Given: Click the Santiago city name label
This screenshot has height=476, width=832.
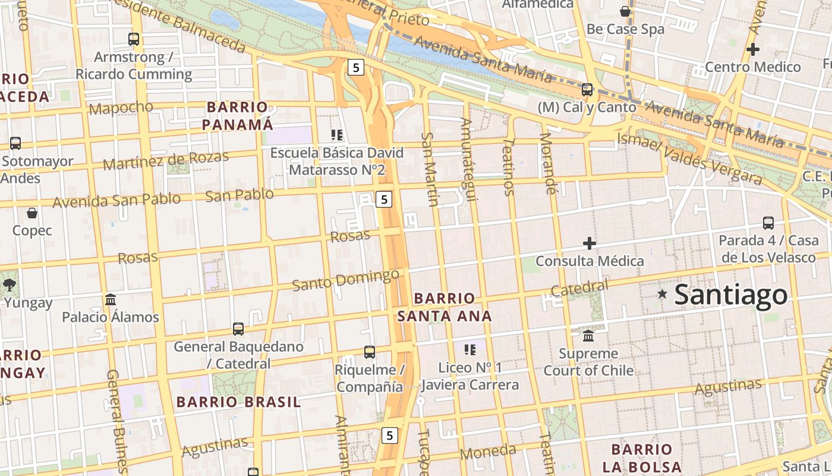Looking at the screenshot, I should coord(731,295).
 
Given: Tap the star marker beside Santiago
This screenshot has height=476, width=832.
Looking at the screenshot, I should coord(662,293).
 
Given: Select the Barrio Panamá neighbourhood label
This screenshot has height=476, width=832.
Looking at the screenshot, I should coord(237,116).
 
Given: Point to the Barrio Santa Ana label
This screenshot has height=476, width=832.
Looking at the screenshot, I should coord(445,307).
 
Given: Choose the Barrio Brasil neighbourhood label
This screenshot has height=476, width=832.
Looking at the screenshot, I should coord(238,402).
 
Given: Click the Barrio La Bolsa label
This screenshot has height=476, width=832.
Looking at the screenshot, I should coord(642,458).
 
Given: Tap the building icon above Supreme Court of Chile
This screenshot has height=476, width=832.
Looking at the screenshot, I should coord(588,336).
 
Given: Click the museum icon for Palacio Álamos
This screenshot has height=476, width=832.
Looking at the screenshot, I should coord(111,299).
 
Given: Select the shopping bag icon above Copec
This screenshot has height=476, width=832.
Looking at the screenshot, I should coord(32,212).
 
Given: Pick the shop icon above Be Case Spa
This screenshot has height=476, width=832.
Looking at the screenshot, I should coord(625,11).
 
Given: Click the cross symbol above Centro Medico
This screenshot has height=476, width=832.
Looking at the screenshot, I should coord(753,49).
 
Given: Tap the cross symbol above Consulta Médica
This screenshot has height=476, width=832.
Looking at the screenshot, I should coord(590,243).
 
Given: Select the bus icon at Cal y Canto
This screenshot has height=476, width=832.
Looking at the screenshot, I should coord(587,90).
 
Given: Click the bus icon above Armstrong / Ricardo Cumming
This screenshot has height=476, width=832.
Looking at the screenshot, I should coord(134,39).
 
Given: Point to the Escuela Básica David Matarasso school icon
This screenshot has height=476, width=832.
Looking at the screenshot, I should coord(337,135).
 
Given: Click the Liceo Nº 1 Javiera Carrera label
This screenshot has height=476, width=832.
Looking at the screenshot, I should coord(469,376).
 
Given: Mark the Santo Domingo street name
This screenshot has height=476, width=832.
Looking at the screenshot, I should coord(345,280).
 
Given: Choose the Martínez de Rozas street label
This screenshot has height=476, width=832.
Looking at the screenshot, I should coord(166,160).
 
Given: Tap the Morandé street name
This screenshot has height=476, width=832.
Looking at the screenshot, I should coord(548,164).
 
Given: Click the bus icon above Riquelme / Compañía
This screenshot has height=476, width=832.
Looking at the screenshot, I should coord(370,352).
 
